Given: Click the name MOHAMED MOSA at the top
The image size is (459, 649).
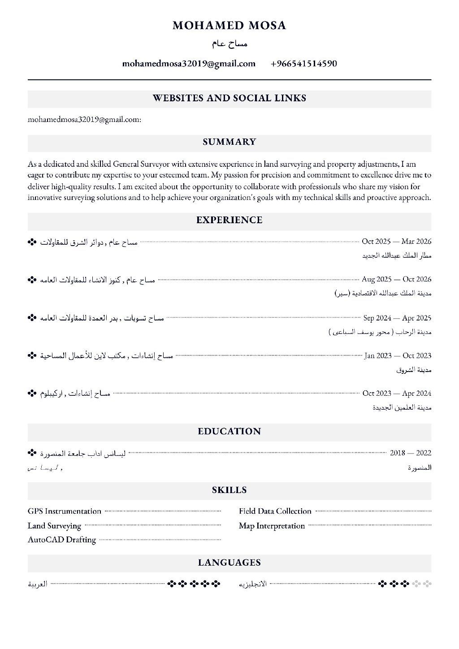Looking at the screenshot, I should pos(229,26).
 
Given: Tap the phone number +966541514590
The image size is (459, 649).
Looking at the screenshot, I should pos(303,64).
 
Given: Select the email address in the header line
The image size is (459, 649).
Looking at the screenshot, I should pos(189,64).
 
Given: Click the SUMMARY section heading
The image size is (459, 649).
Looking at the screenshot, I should pos(229,142).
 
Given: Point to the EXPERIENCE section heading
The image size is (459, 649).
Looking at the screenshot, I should pos(229,220).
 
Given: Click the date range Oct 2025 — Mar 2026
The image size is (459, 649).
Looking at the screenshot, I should pos(396,242).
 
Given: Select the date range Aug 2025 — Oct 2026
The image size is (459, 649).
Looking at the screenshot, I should pos(396,279).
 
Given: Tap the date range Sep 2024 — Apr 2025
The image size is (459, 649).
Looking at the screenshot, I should pos(397,318).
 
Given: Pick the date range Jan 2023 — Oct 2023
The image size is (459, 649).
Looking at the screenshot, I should pos(398,355).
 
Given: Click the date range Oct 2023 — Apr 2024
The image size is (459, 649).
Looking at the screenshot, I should pos(397,393).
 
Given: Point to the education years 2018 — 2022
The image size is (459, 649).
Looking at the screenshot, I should pos(410,453).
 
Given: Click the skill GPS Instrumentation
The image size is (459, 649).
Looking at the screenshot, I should pos(65,511).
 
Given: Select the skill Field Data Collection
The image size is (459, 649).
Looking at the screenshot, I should pos(275,511).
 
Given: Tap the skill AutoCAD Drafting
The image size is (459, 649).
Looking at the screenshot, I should pos(62,540).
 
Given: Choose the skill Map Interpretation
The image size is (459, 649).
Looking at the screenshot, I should pos(272,526).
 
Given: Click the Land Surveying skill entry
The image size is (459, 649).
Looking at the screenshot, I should pos(54,526).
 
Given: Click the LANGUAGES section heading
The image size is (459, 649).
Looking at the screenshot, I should pos(229,562).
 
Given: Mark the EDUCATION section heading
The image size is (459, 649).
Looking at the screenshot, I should pos(229,432).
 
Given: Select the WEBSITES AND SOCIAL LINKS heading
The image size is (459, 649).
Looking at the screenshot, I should pos(229,98).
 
